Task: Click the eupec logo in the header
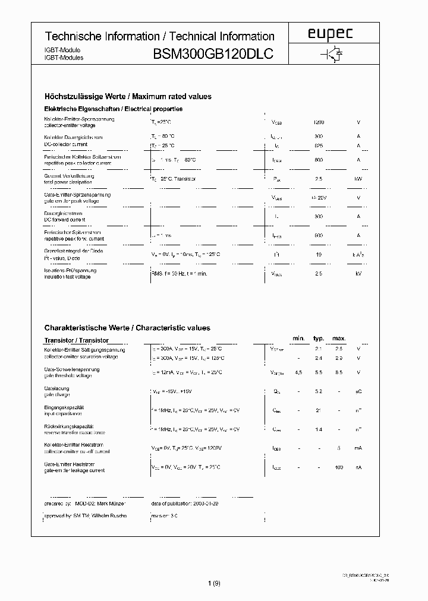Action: tap(330, 35)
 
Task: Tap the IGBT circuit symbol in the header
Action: tap(330, 55)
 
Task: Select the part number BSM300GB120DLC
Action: tap(213, 55)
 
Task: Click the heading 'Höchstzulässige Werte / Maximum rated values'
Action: tap(128, 96)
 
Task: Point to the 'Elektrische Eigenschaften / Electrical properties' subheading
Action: tap(114, 109)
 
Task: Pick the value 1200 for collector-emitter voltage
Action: tap(319, 122)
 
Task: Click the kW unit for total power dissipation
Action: tap(358, 179)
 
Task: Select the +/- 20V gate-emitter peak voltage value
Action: tap(319, 198)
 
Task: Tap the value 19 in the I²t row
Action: tap(319, 254)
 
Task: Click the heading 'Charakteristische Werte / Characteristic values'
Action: tap(127, 328)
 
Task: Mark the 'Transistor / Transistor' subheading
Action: tap(77, 341)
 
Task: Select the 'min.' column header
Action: tap(298, 339)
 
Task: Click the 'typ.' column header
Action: tap(319, 339)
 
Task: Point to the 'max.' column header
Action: tap(339, 339)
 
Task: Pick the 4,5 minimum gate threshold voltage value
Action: tap(298, 372)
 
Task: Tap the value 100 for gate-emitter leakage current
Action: tap(339, 467)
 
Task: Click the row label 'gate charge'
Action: tap(57, 394)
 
